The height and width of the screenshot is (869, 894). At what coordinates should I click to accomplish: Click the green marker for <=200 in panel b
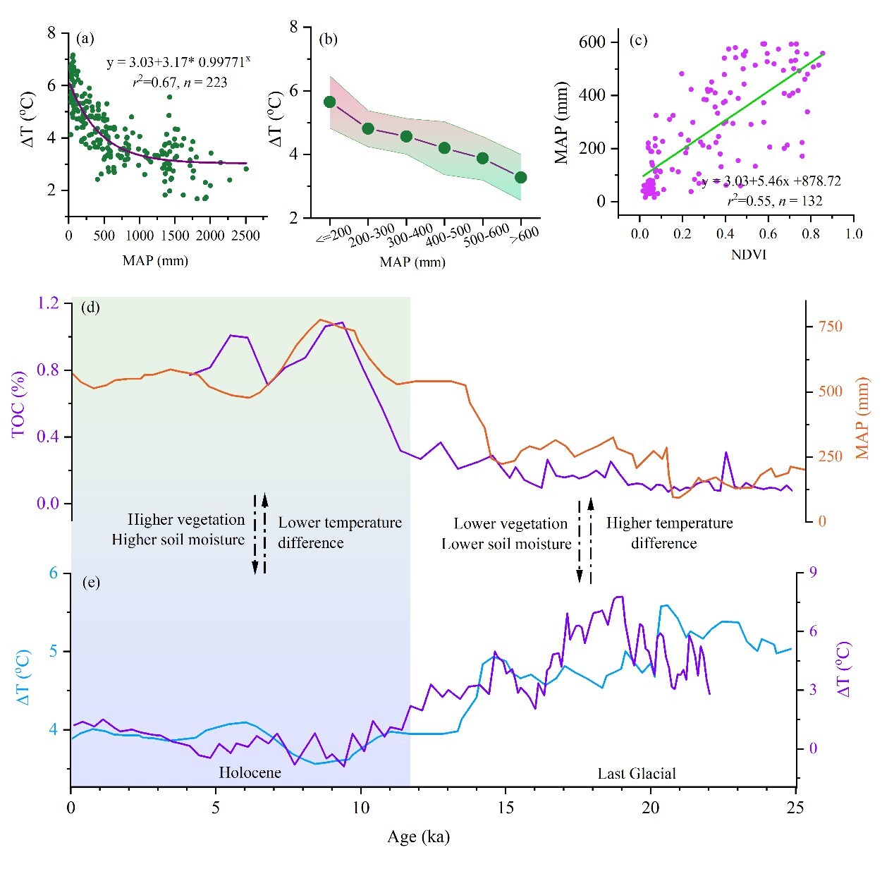[329, 102]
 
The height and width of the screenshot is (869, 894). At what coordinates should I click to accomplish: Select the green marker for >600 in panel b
[520, 177]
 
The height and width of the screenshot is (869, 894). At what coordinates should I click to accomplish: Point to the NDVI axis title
[748, 255]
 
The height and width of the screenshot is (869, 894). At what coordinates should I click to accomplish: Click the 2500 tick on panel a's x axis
[246, 236]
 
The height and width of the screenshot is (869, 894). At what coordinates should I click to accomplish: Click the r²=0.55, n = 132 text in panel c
[774, 201]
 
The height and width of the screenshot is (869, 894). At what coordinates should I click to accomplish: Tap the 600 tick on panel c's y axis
[592, 42]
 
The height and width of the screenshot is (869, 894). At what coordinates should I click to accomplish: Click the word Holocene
[250, 772]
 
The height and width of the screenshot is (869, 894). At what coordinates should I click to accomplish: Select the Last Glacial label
[637, 774]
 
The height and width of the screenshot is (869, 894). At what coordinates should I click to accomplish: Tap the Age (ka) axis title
[418, 837]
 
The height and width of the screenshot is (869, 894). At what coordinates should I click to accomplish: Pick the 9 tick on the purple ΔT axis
[812, 573]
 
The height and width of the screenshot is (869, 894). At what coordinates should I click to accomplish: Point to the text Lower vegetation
[510, 523]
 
